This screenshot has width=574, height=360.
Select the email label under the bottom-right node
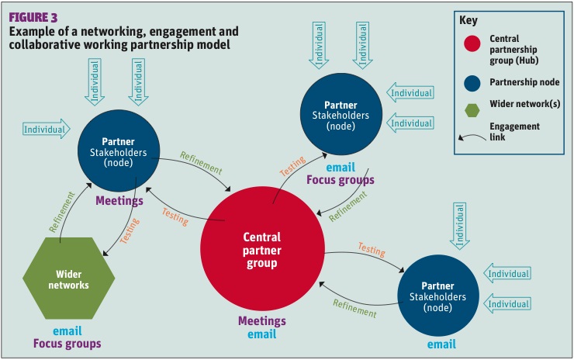tap(441, 343)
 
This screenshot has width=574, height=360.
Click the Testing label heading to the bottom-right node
tap(372, 250)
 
